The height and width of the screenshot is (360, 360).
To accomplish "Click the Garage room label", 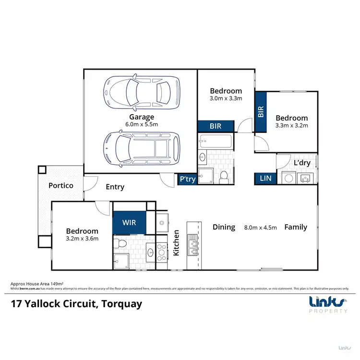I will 141,117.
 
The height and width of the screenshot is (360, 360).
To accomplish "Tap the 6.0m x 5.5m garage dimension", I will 141,124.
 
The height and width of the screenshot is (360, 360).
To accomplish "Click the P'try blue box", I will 187,179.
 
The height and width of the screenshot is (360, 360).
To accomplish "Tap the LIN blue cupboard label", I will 265,178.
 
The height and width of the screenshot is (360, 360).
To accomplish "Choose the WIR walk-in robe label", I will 129,223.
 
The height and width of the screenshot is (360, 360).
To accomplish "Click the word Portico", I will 60,185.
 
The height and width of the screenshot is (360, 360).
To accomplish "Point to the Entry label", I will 115,187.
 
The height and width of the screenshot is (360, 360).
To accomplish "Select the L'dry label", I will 302,163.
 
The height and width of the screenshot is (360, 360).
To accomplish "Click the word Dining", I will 224,227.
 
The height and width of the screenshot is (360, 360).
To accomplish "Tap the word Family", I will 295,227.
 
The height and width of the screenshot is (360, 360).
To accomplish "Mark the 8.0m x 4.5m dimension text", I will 261,228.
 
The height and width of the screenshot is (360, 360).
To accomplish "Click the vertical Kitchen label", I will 176,242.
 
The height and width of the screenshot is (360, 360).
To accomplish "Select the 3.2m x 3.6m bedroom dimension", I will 82,239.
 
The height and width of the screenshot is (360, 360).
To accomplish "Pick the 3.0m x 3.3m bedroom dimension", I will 226,98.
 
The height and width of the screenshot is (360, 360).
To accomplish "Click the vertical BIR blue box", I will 261,112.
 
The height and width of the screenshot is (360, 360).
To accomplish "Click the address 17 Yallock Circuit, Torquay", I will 76,304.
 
